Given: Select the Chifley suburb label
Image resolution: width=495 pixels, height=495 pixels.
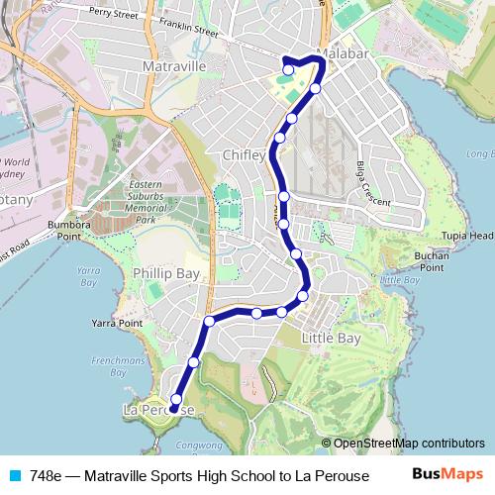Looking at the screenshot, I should point(246,155).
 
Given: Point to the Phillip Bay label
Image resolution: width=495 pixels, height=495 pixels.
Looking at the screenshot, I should point(166,272).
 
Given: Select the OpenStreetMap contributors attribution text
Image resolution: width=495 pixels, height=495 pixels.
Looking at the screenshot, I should point(409,443).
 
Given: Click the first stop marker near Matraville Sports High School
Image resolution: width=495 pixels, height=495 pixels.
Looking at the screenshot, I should point(288,70).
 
